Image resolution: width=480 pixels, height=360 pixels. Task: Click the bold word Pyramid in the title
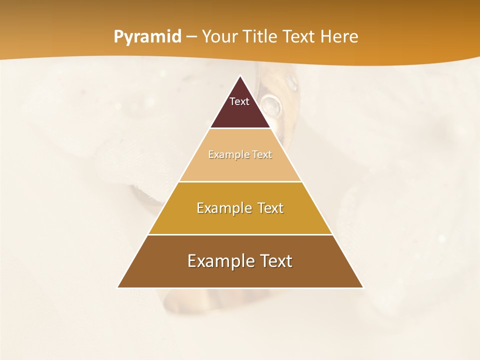point(147,37)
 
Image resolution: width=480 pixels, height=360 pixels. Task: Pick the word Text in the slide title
point(299,37)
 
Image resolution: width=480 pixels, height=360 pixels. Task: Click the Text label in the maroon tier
point(239,101)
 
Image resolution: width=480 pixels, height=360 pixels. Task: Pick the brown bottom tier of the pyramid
point(240,275)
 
